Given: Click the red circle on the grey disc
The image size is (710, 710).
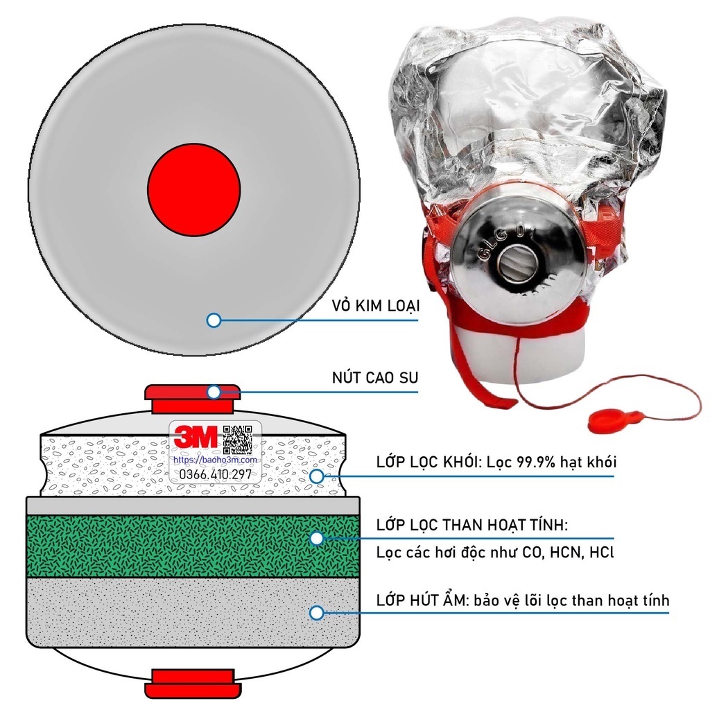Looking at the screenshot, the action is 194,190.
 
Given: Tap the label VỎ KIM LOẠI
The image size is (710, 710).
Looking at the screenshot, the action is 376,306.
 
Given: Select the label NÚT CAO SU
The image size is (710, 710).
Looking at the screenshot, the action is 375,377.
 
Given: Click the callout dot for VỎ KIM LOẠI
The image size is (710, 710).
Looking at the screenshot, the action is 214,320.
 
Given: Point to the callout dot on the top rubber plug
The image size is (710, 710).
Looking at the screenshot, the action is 214,392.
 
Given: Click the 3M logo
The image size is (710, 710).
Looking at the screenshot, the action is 196,437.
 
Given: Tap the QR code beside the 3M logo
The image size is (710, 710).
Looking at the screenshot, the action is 238,439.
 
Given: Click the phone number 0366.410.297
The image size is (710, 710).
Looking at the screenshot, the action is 216,474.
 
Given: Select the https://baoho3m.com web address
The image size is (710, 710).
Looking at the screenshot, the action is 215,460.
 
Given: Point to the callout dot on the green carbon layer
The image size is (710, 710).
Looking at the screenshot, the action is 317,538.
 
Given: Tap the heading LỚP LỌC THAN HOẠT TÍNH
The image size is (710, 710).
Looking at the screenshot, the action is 471,526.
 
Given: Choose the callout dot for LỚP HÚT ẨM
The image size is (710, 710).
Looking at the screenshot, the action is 317,613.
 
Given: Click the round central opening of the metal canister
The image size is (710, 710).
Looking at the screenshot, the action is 517,264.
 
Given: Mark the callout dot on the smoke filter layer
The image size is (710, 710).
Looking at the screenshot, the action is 317,476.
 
